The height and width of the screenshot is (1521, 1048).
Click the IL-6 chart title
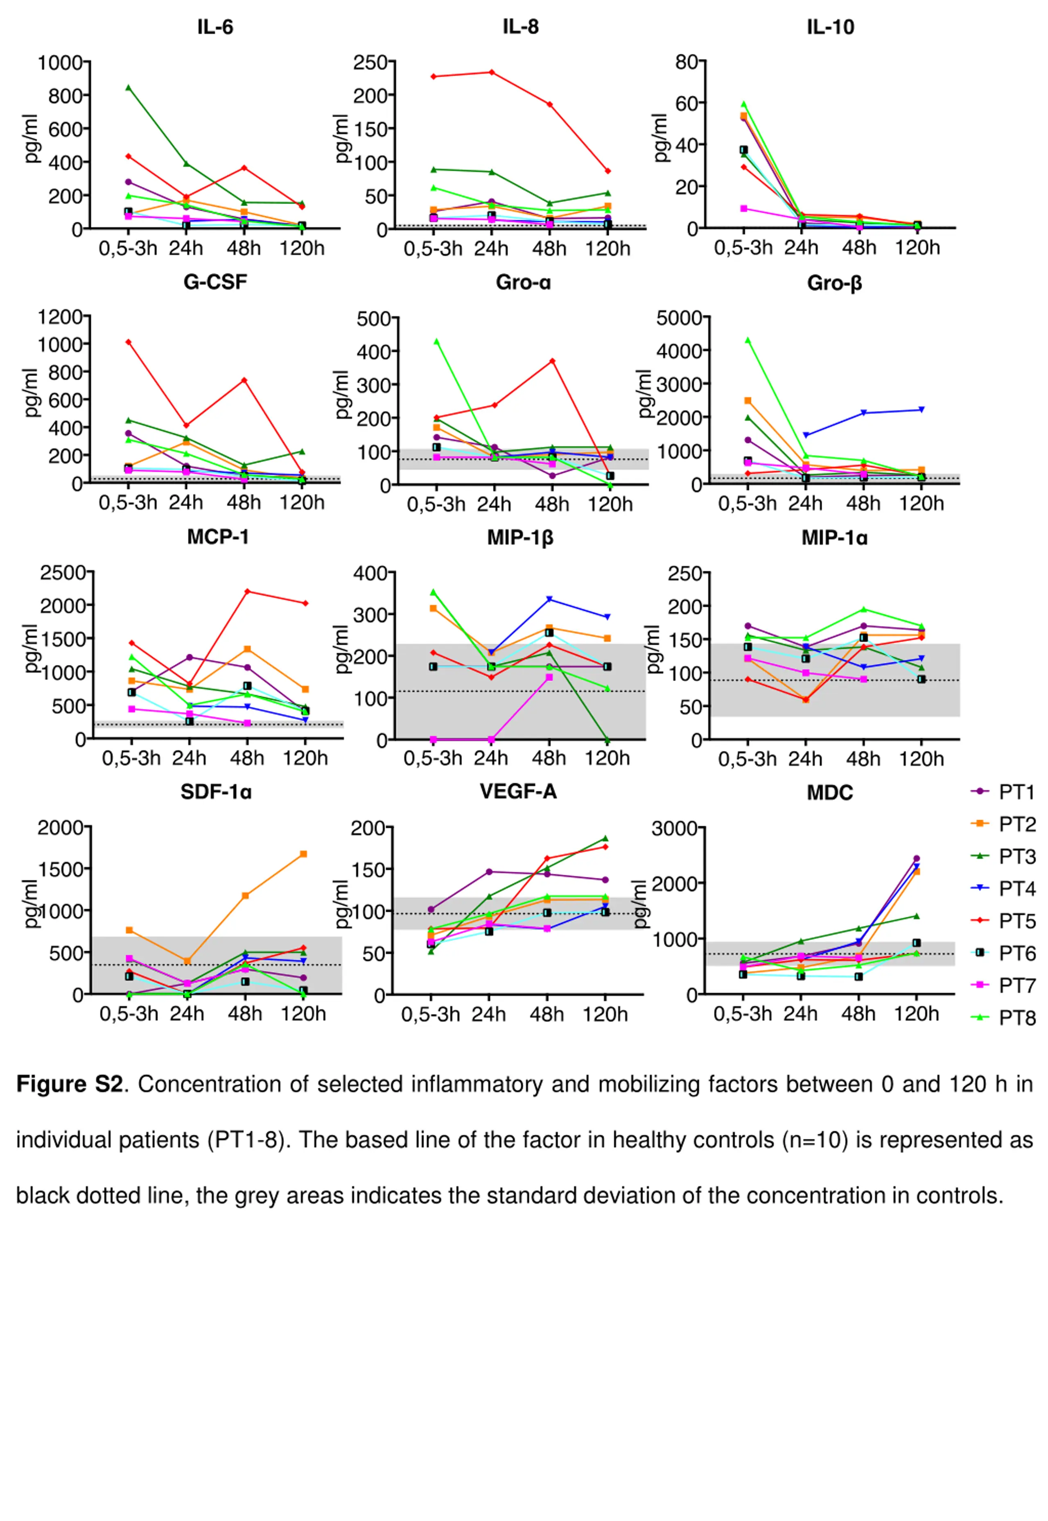(x=215, y=27)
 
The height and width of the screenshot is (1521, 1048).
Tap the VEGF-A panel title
(x=518, y=791)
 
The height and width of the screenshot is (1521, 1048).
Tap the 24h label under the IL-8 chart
(x=491, y=249)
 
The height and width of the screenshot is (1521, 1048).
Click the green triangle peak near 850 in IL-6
(x=128, y=87)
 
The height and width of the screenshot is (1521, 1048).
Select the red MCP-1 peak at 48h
(x=248, y=591)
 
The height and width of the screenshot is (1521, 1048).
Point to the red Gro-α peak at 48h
(x=552, y=361)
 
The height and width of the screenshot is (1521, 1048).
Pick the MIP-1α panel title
(x=834, y=538)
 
